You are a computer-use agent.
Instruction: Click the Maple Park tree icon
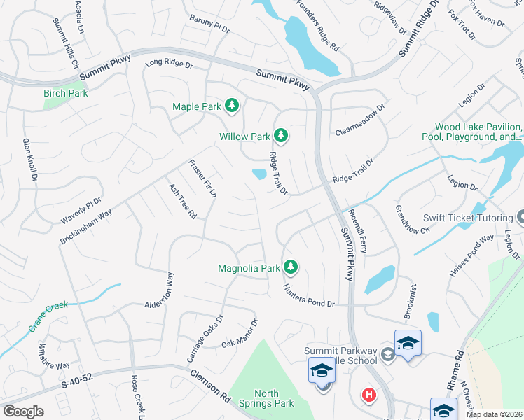pos(232,106)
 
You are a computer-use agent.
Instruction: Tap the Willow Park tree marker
pos(281,134)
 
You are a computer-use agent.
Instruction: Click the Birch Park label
pos(65,93)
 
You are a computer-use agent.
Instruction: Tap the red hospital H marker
pos(368,395)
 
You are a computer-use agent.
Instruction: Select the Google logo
pos(23,412)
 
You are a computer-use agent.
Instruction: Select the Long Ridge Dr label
pos(168,64)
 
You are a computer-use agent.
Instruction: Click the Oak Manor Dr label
pos(240,333)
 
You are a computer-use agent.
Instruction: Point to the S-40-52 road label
pos(77,381)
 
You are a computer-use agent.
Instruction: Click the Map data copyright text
pos(495,414)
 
